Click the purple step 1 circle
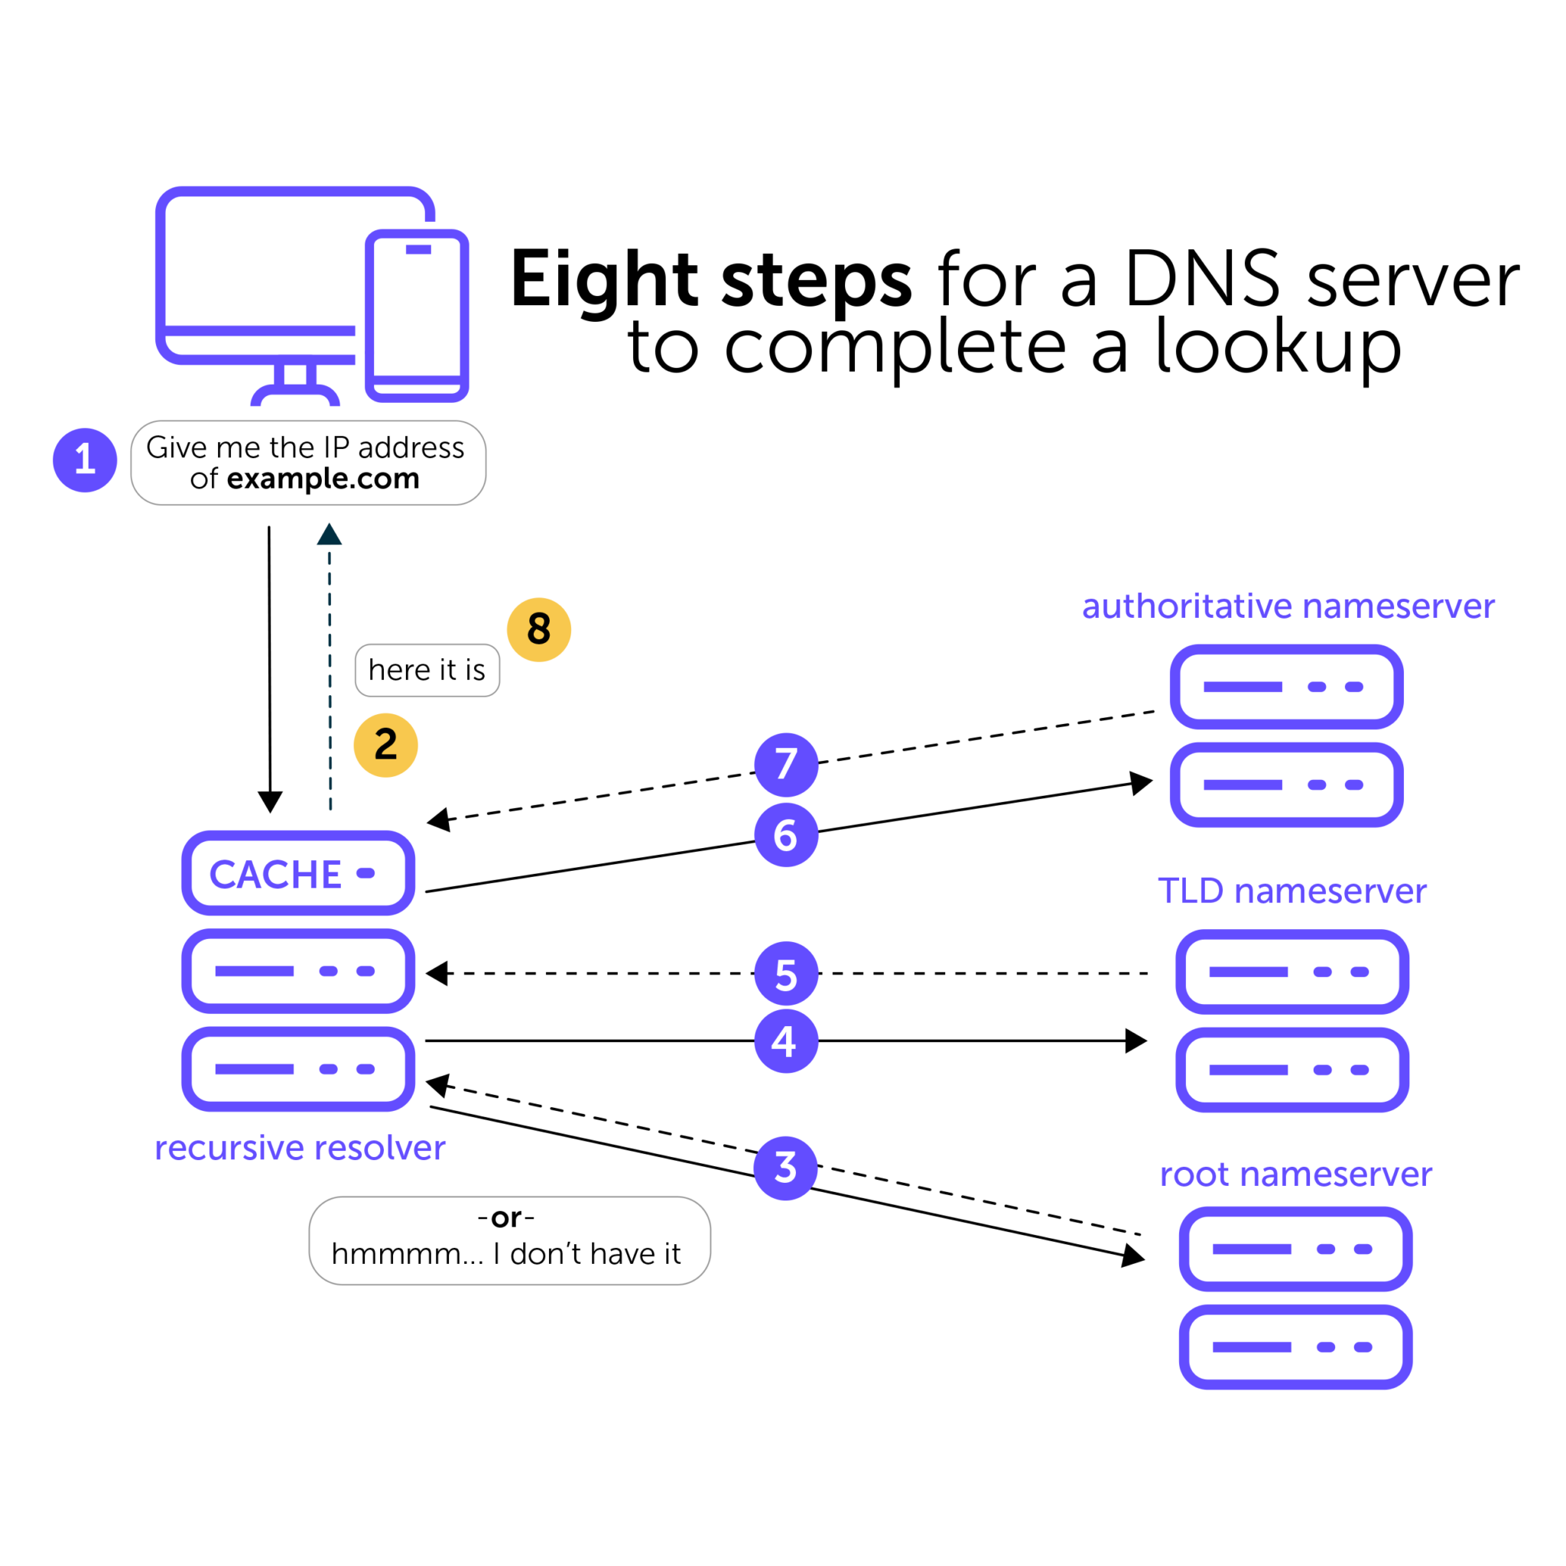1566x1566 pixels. point(85,460)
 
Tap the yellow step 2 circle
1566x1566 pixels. point(386,745)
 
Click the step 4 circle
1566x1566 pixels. point(785,1041)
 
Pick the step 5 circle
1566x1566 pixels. point(785,973)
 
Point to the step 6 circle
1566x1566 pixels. point(785,835)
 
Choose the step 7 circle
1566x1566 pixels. point(785,765)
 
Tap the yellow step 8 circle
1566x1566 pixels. point(539,630)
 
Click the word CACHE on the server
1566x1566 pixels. point(275,875)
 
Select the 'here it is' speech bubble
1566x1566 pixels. point(427,671)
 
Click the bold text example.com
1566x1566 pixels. point(323,478)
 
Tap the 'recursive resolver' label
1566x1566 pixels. point(300,1148)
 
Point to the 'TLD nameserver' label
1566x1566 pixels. point(1292,891)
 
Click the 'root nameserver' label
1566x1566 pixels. point(1295,1174)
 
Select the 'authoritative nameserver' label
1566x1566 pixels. point(1288,606)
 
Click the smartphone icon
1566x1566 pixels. point(417,316)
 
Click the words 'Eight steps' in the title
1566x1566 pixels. point(712,280)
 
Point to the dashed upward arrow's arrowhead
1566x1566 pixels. point(329,534)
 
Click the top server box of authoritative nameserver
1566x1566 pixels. point(1286,687)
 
